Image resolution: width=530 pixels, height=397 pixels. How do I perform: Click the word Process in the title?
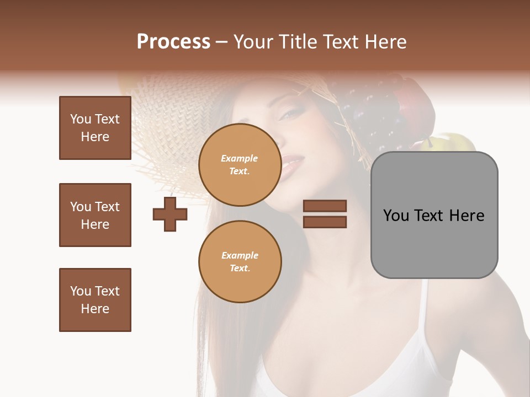click(173, 42)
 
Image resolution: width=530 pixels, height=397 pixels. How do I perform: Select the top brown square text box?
click(95, 128)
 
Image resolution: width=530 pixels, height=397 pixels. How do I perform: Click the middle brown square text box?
click(95, 215)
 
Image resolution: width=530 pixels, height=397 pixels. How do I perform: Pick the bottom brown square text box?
click(95, 300)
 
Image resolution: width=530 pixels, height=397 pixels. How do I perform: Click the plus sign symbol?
click(170, 214)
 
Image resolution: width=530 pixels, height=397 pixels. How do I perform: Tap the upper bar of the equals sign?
click(325, 206)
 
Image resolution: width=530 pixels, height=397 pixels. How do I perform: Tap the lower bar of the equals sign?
click(325, 222)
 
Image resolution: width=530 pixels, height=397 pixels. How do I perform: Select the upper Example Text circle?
click(240, 165)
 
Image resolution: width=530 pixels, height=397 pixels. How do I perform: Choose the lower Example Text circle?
click(240, 262)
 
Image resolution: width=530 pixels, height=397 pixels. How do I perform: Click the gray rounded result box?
click(434, 215)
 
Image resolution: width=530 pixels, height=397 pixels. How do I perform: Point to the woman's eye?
click(291, 115)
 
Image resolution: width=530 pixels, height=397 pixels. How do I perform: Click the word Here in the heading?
click(386, 42)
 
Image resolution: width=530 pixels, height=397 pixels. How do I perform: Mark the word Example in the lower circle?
click(240, 255)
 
